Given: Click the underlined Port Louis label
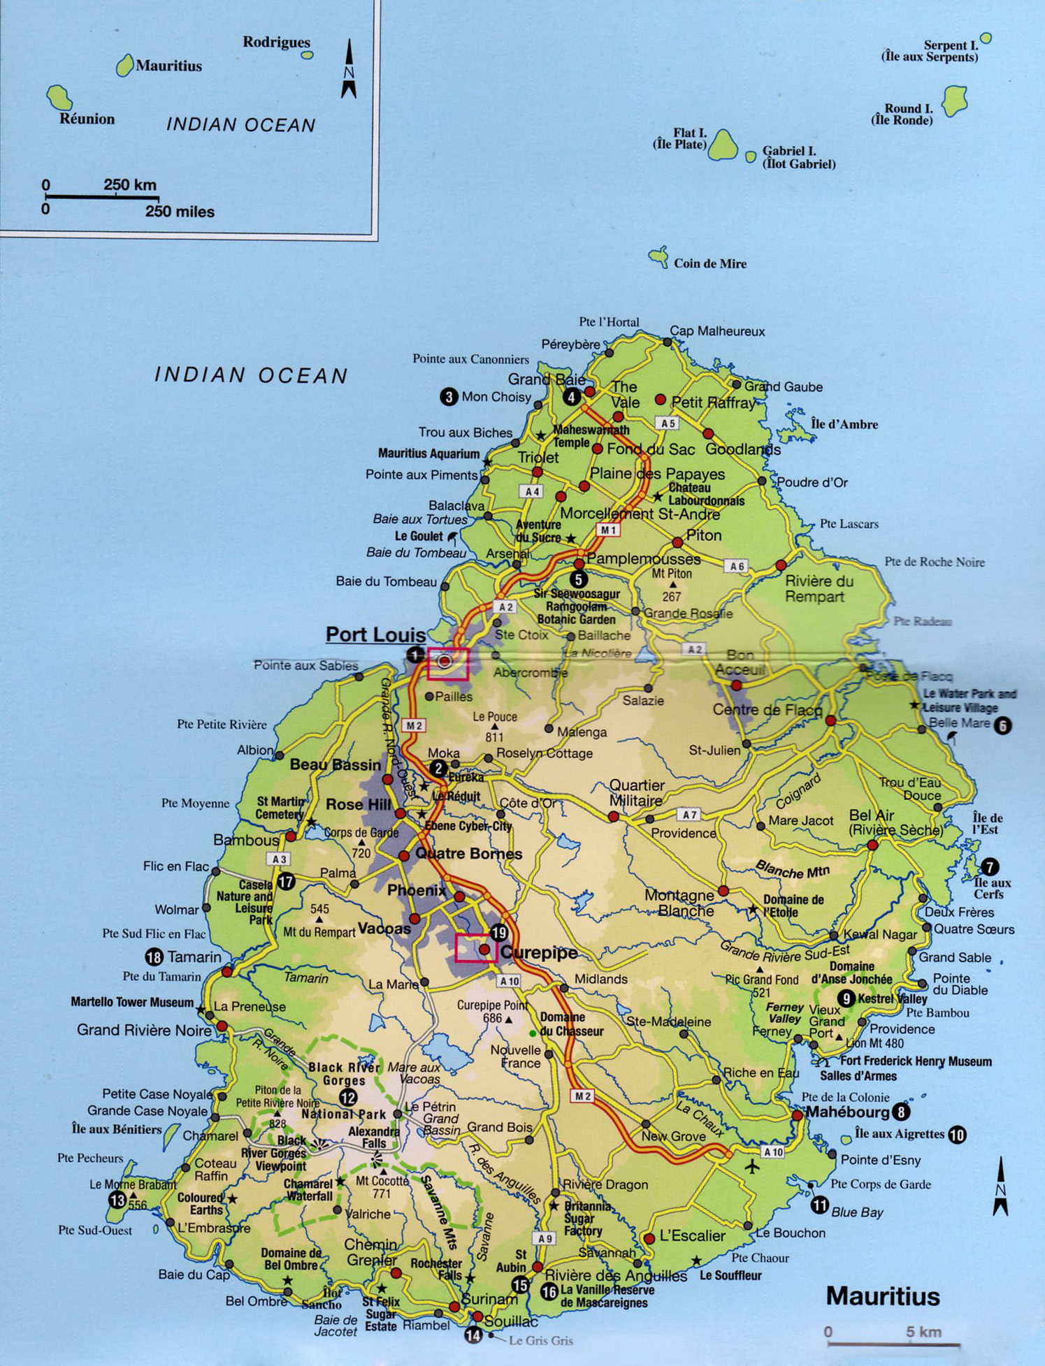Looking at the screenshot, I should coord(375,634).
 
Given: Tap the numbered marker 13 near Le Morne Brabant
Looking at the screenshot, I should coord(117,1200).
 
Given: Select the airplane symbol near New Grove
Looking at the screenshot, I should coord(752,1166).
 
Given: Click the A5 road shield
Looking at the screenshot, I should coord(668,423).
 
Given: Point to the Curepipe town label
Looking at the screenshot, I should coord(539,952).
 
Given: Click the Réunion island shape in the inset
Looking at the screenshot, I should coord(59,97).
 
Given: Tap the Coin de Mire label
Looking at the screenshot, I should coord(709,263).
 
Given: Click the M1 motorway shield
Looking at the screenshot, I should coord(608,530).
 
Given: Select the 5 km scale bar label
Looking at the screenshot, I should coord(923,1332).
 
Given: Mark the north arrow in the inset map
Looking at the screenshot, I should coord(349,69).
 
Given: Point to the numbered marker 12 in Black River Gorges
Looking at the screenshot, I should coord(347,1098).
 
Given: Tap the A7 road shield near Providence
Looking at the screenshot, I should coord(689,815).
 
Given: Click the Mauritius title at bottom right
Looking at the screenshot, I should coord(882,1296).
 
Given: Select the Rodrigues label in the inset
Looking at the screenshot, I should coord(276,42).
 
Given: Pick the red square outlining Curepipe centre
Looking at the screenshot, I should coord(475,949).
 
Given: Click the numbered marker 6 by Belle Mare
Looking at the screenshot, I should coord(1002,726).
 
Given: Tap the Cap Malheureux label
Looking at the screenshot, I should coord(717,331).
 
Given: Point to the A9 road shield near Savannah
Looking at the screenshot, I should coord(545,1238).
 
